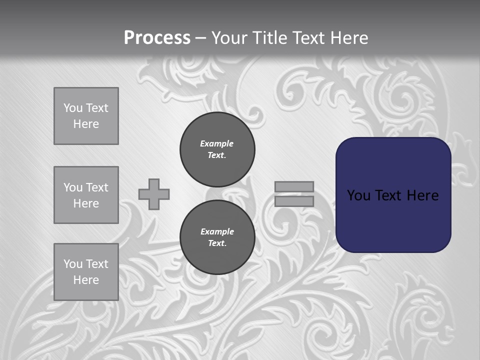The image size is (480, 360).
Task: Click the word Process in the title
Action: (x=157, y=38)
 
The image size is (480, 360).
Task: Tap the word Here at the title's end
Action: (x=349, y=38)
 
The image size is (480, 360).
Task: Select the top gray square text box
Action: (x=86, y=116)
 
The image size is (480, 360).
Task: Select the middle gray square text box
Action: (x=86, y=195)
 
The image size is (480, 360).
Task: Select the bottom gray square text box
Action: (x=86, y=271)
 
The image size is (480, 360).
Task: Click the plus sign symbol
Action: (x=154, y=194)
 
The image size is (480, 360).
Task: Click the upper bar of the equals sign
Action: (x=294, y=186)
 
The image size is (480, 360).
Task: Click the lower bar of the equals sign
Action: (x=294, y=201)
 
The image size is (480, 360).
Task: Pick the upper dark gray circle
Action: (x=217, y=149)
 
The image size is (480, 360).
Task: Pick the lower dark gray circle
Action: (x=217, y=237)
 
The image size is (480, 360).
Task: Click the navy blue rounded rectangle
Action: (x=393, y=220)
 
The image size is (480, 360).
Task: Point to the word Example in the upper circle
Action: (x=217, y=143)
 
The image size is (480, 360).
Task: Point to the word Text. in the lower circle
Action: (x=217, y=243)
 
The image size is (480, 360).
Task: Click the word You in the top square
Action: (x=72, y=108)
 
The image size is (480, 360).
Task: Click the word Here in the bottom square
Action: (x=86, y=280)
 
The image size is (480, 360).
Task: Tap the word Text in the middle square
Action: (x=96, y=187)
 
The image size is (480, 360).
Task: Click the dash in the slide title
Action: (x=200, y=38)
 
